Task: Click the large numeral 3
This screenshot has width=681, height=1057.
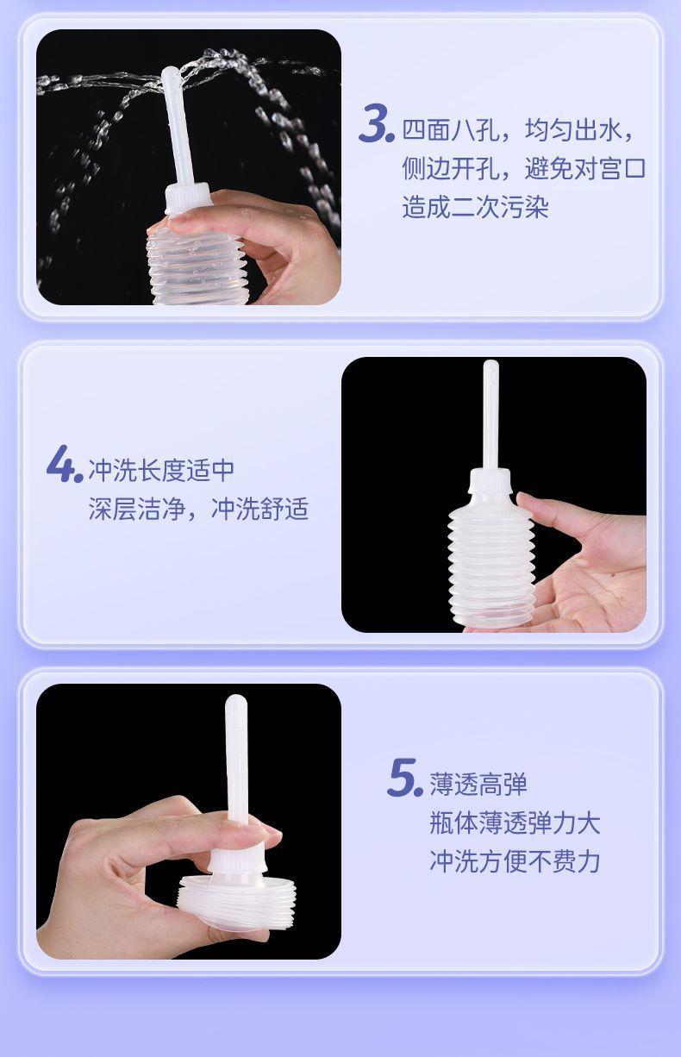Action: [x=376, y=123]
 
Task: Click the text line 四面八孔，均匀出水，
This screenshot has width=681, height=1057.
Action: [x=518, y=130]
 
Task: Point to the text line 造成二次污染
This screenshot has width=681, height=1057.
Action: [x=475, y=207]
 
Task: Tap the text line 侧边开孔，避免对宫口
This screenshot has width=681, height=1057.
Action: [x=524, y=168]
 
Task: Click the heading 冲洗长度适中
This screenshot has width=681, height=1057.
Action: [x=161, y=470]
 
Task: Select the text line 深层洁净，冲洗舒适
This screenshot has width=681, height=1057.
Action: [x=198, y=509]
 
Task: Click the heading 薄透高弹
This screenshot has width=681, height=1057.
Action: [x=478, y=785]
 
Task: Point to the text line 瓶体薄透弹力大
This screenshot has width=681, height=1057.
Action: [x=515, y=823]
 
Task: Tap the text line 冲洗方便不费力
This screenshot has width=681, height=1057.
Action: [x=515, y=861]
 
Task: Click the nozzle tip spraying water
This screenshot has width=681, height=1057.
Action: [x=171, y=73]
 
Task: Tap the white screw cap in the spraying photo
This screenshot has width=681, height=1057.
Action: [x=188, y=199]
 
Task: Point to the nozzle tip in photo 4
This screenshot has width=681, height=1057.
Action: [x=490, y=366]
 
